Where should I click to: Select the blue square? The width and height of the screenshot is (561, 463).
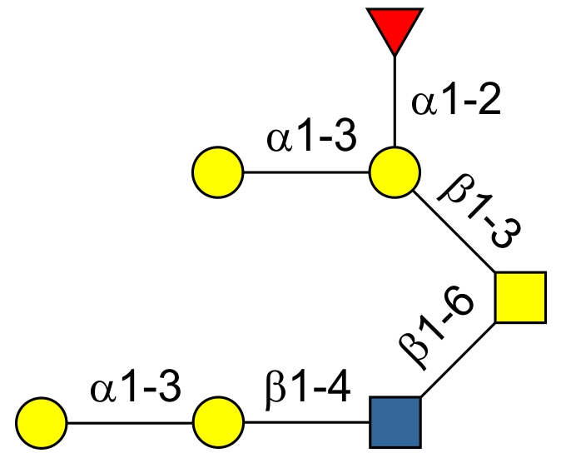pyautogui.click(x=395, y=422)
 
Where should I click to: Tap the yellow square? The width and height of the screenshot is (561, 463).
pyautogui.click(x=520, y=297)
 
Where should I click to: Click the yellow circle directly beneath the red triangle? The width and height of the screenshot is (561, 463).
pyautogui.click(x=395, y=173)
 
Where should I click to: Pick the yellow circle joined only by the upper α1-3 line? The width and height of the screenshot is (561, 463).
pyautogui.click(x=218, y=173)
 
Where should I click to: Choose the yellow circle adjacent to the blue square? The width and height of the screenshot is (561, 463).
pyautogui.click(x=218, y=422)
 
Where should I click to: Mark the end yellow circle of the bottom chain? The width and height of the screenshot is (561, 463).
pyautogui.click(x=42, y=422)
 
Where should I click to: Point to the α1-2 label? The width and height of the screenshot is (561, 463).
pyautogui.click(x=457, y=104)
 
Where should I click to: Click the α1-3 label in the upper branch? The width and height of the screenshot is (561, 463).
pyautogui.click(x=311, y=138)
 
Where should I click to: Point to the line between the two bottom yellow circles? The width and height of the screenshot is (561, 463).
pyautogui.click(x=130, y=422)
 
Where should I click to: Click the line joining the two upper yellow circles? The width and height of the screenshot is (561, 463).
pyautogui.click(x=306, y=173)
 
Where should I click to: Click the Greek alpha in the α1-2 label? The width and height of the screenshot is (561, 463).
pyautogui.click(x=424, y=105)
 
